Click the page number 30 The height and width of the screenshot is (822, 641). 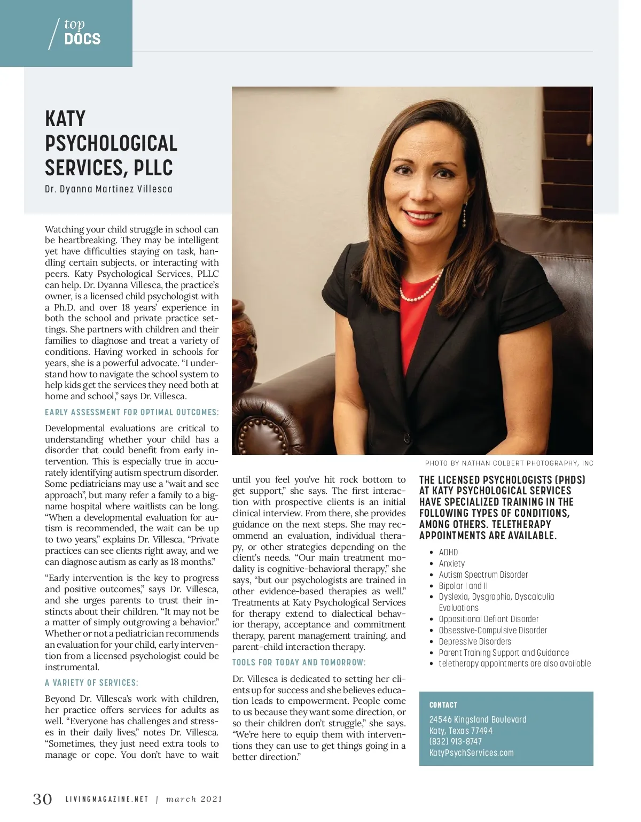coord(43,799)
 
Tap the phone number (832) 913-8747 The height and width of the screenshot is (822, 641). coord(455,741)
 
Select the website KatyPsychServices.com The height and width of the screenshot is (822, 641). coord(471,753)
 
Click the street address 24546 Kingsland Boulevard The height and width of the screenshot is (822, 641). coord(478,719)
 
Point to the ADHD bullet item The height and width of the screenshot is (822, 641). coord(448,552)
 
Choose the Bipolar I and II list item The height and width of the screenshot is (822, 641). coord(463,586)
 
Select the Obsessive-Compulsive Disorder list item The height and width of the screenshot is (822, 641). coord(493,630)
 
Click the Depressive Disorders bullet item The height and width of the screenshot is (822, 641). coord(475,641)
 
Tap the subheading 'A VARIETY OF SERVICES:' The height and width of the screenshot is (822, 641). coord(91,683)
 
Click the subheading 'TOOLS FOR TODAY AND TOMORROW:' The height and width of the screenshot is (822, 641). coord(299,663)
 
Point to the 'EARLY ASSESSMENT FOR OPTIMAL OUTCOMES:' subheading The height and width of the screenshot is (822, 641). coord(131,412)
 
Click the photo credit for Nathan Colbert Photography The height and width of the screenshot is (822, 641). coord(509,463)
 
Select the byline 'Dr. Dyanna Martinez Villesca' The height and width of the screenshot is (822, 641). coord(108,189)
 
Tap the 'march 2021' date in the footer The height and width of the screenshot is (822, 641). coord(194,800)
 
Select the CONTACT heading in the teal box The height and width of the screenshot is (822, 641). coord(443,705)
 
